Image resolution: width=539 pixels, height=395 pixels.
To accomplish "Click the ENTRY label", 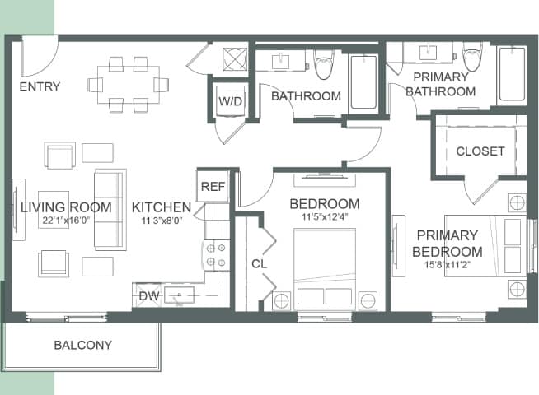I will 40,86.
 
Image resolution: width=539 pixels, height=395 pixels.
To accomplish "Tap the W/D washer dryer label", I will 229,101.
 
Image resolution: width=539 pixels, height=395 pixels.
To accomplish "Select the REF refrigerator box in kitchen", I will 213,187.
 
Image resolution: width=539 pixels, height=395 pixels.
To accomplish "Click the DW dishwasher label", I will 148,295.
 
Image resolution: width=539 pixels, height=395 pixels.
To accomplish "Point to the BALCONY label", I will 82,345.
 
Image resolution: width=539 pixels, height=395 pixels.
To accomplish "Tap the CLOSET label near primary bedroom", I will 480,151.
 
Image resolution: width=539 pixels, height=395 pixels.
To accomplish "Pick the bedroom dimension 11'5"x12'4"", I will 324,218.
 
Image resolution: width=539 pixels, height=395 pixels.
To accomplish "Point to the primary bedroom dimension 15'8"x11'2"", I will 447,265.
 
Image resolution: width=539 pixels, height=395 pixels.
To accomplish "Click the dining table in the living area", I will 128,84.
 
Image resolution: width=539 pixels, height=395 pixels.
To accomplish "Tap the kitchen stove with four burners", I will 216,255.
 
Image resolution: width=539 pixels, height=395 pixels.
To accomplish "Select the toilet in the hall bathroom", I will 323,63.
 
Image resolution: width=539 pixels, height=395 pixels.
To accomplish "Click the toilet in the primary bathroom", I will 472,58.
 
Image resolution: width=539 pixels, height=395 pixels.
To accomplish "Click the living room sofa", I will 110,210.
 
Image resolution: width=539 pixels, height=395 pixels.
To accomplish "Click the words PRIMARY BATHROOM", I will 440,84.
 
